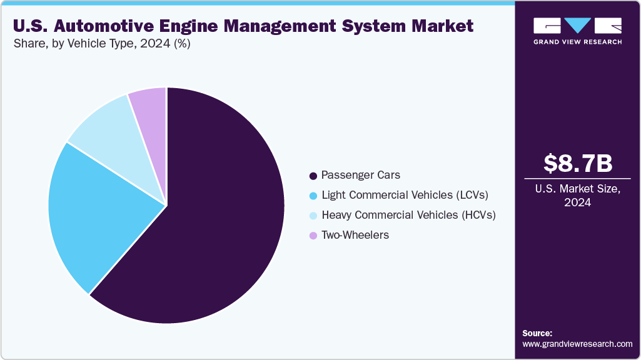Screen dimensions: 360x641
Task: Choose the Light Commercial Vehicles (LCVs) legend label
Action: [405, 195]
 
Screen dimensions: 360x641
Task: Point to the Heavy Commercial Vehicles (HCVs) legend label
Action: [408, 215]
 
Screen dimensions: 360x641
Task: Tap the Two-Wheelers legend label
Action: [355, 235]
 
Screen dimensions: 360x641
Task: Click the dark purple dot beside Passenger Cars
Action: [313, 176]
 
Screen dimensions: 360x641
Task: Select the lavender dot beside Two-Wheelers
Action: [313, 236]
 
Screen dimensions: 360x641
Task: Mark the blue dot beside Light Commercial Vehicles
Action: [313, 196]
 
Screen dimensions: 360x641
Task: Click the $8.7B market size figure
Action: [577, 164]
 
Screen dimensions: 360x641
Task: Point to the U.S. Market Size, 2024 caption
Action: [577, 196]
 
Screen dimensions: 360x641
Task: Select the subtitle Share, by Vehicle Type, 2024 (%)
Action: [101, 44]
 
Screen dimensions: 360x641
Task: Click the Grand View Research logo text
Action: [577, 42]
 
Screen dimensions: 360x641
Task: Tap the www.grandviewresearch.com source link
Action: [577, 344]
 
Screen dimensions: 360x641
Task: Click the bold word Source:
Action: [537, 333]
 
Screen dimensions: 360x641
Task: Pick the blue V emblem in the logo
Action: [577, 25]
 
